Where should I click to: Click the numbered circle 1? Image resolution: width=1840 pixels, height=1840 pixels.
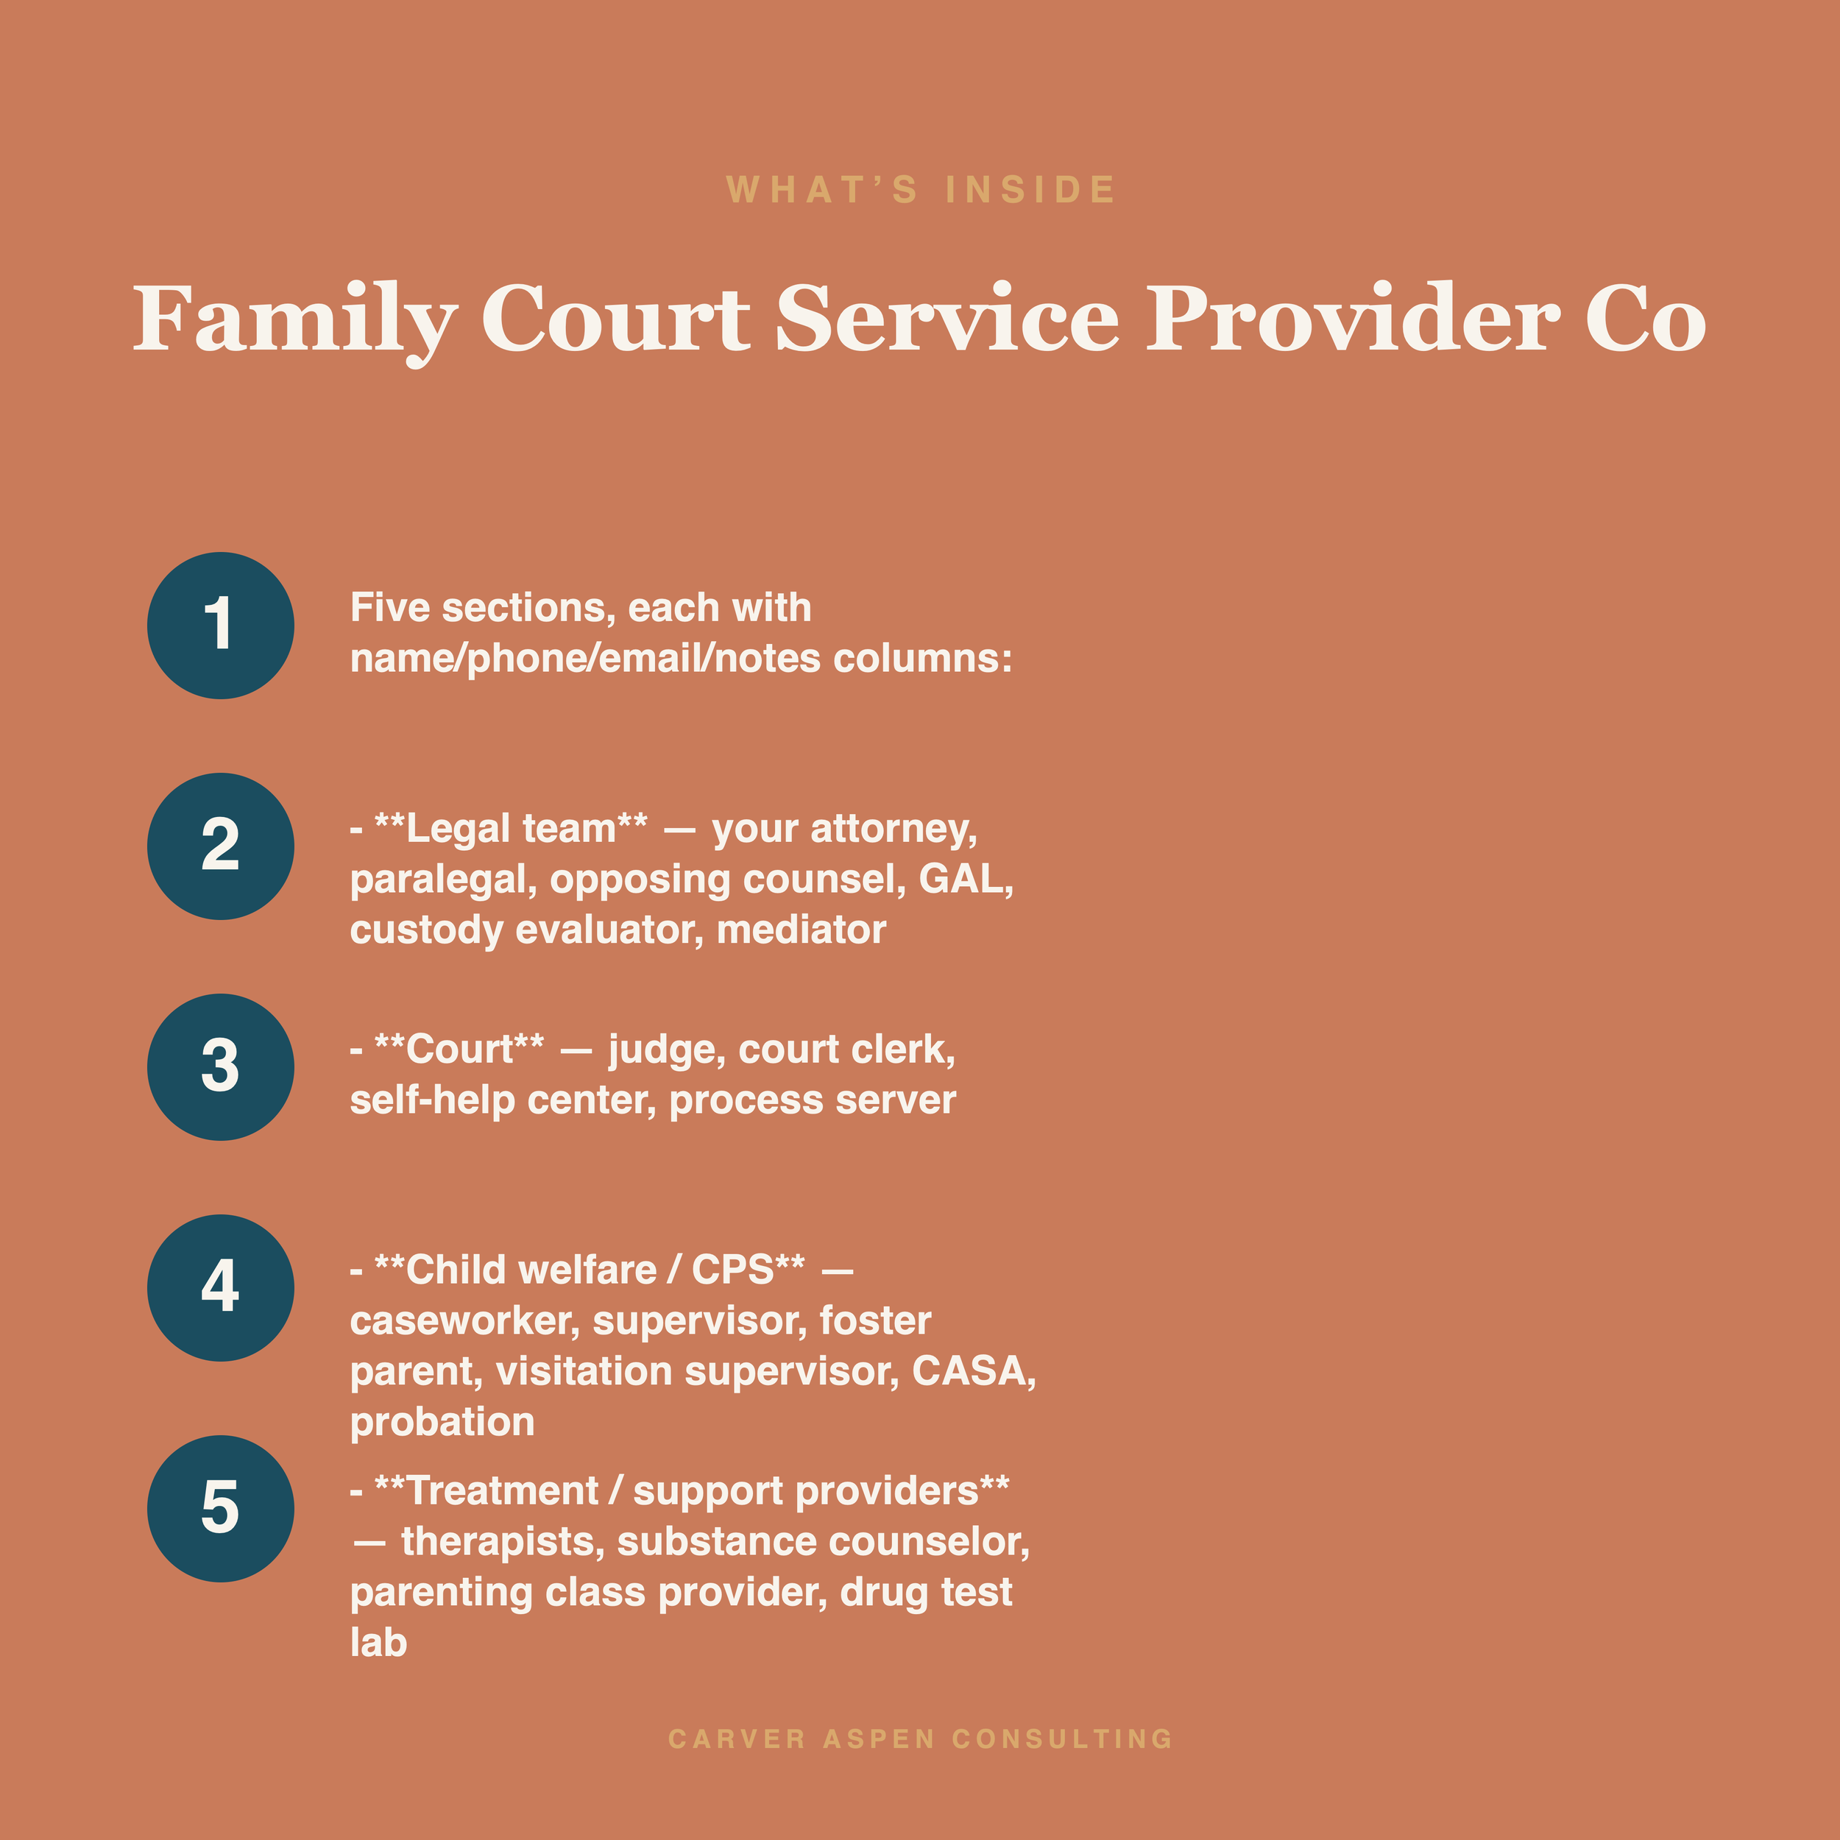(220, 626)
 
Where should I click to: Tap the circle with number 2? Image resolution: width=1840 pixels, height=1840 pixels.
(220, 846)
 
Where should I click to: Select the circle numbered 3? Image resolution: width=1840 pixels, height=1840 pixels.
(220, 1068)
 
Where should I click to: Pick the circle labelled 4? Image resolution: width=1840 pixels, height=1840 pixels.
(220, 1289)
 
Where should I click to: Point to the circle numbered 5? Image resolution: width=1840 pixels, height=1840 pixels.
(220, 1510)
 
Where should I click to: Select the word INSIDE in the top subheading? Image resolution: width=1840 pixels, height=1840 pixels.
(1030, 190)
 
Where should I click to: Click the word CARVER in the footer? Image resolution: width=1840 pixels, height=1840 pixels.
(737, 1739)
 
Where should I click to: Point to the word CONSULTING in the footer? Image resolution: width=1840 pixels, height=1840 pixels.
(1062, 1739)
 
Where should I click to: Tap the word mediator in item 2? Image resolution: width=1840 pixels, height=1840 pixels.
(801, 930)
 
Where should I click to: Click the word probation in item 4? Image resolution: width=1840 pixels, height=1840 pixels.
(442, 1423)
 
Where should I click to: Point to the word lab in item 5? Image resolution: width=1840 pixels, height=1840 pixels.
(378, 1643)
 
